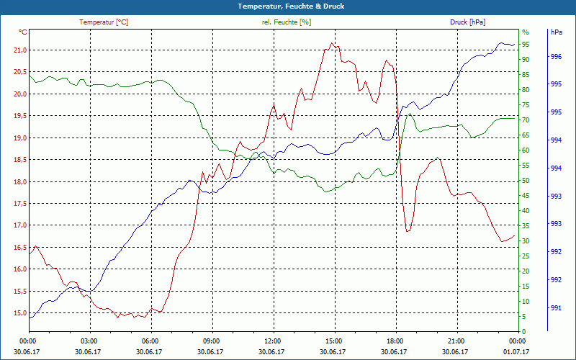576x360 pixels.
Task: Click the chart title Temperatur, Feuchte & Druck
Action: click(287, 6)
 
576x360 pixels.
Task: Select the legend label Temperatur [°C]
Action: click(104, 22)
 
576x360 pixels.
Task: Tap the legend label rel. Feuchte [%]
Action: click(287, 22)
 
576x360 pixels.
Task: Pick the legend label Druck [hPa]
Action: click(467, 22)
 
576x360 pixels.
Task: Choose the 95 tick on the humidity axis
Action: click(526, 44)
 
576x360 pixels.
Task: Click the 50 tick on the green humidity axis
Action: click(526, 181)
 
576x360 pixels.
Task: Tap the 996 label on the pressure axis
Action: click(556, 57)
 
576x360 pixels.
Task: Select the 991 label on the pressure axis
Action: click(556, 308)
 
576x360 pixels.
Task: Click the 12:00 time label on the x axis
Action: click(272, 341)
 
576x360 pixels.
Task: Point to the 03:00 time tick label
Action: click(89, 341)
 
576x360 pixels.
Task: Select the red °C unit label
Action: click(23, 32)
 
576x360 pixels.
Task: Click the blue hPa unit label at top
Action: click(557, 32)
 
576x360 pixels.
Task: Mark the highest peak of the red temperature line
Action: click(331, 43)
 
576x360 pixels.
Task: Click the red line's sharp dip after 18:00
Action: click(408, 231)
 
